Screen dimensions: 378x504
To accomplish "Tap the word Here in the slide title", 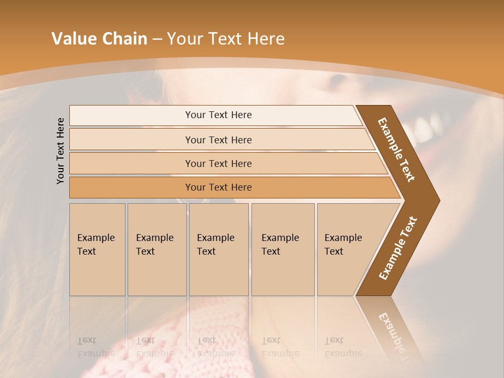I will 266,39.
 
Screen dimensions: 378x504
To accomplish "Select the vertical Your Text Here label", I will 60,151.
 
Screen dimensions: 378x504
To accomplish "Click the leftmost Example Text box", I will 97,249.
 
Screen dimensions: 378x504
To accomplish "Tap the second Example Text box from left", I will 157,249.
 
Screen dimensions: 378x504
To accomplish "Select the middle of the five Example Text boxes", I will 218,249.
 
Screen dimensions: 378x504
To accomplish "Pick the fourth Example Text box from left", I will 283,249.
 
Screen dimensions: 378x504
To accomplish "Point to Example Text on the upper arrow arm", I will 397,150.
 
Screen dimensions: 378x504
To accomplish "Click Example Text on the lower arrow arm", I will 398,248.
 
